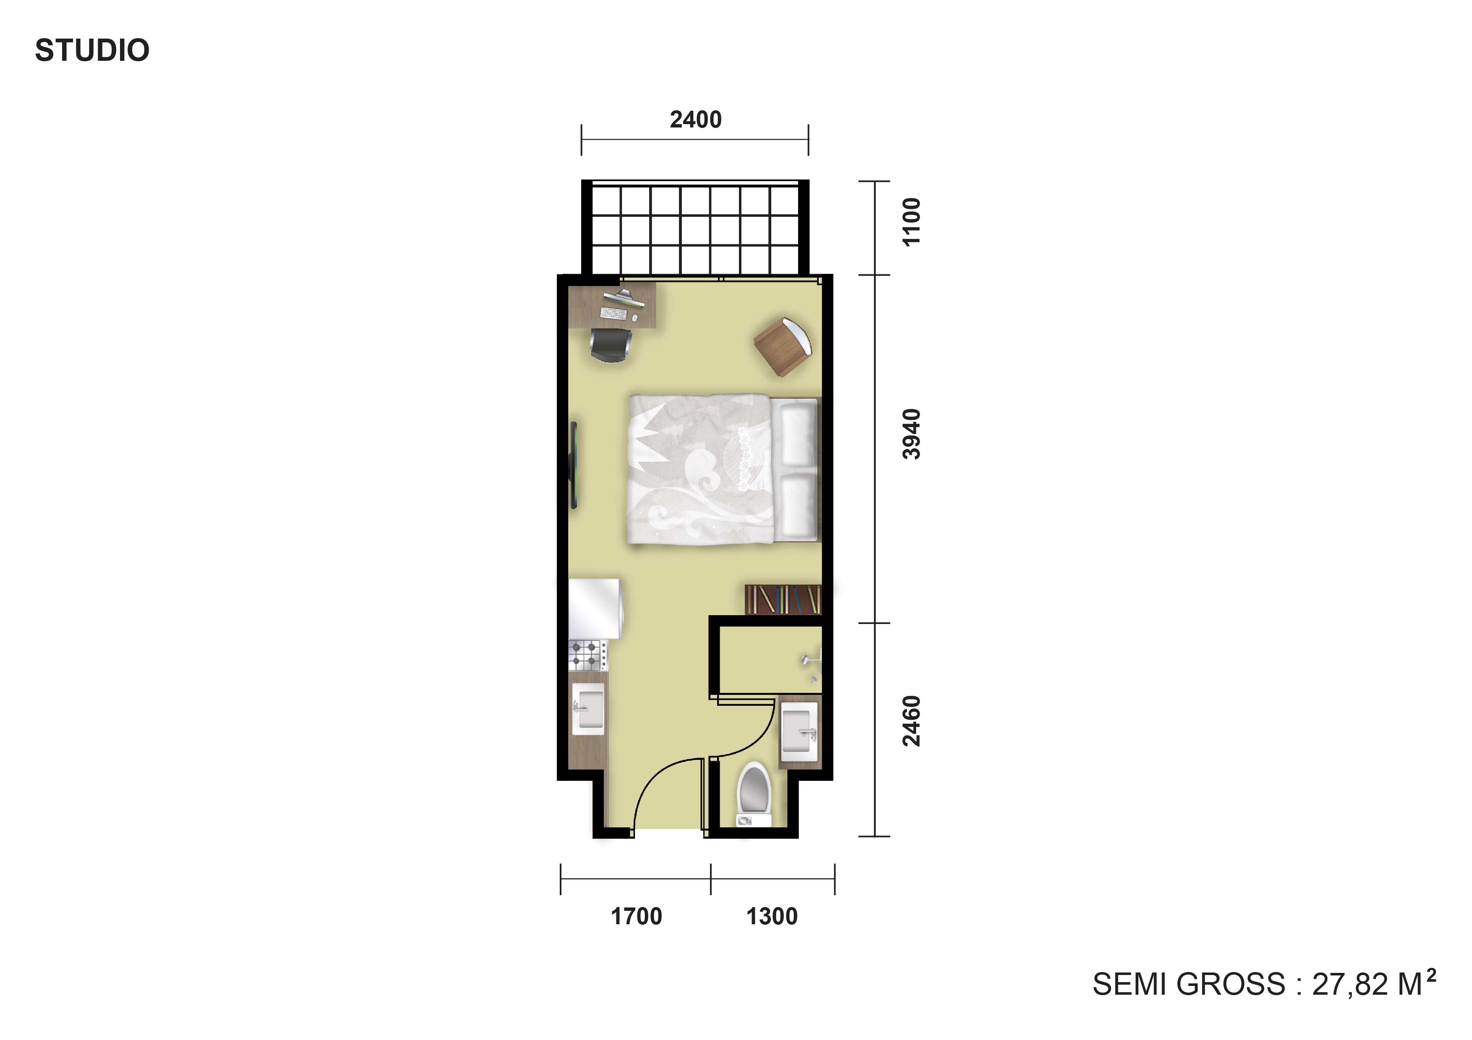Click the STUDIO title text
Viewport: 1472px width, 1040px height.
click(x=92, y=51)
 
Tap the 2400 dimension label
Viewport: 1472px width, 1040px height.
click(x=696, y=120)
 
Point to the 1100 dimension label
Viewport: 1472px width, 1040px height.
click(x=911, y=222)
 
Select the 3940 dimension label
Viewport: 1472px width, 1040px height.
click(x=911, y=434)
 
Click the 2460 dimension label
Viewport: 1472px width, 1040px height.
click(x=911, y=721)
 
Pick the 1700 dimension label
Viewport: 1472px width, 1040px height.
click(x=636, y=916)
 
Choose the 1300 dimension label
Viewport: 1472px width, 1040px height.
click(x=772, y=916)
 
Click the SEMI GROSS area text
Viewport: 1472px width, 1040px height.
click(x=1263, y=984)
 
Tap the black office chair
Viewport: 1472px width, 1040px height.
click(x=611, y=346)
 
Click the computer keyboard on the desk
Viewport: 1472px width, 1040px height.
click(x=613, y=313)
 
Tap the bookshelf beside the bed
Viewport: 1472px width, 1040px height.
click(x=783, y=600)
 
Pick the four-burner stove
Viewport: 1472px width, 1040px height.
click(x=588, y=655)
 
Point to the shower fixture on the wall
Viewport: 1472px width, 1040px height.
click(x=812, y=664)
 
